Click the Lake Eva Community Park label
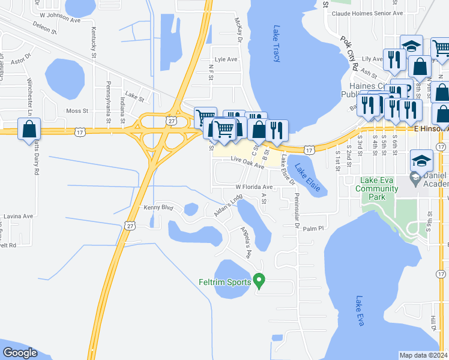point(376,185)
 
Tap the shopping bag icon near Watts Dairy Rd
point(29,130)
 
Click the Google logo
point(20,352)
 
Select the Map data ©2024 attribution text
point(423,355)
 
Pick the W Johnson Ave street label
point(59,20)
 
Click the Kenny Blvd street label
point(158,208)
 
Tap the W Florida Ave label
point(254,187)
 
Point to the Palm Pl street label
point(313,229)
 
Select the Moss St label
point(77,111)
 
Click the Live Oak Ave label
point(247,162)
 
